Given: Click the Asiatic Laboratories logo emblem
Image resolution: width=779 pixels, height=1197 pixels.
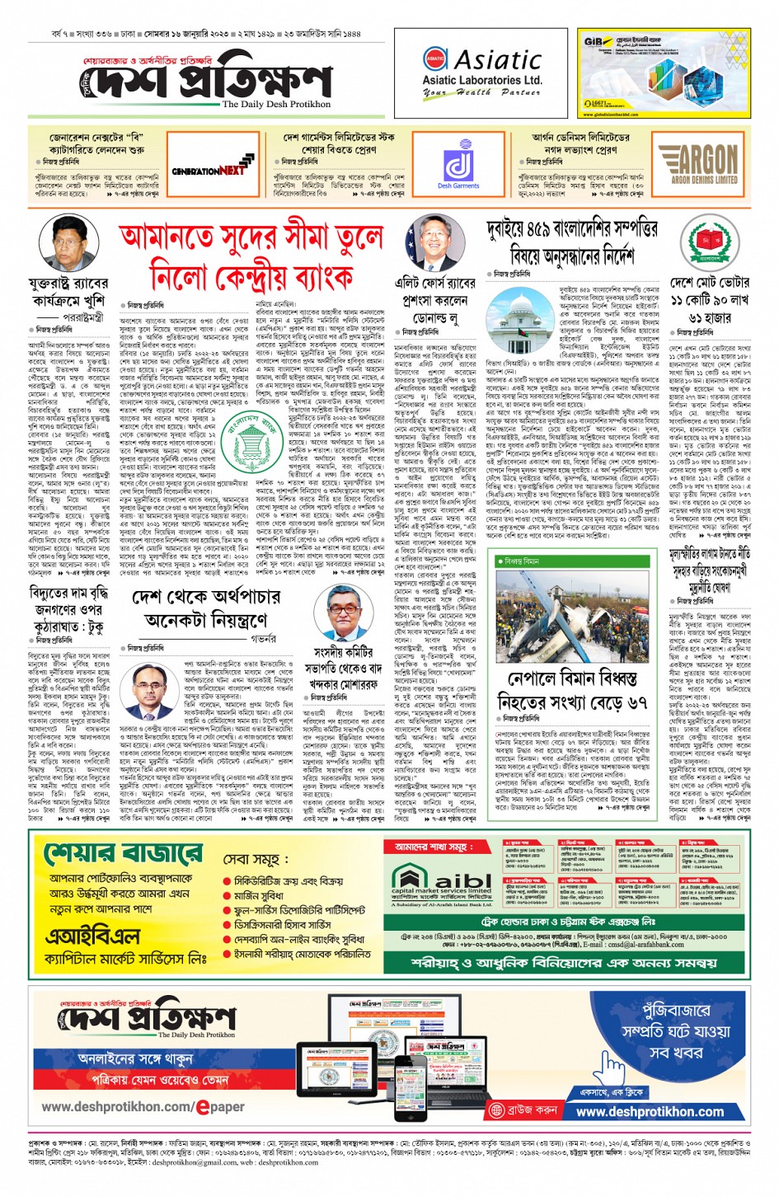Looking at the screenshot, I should coord(435,59).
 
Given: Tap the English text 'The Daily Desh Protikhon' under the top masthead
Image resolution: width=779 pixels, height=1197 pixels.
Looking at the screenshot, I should coord(276,105).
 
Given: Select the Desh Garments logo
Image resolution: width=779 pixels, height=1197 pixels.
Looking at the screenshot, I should coord(458,167).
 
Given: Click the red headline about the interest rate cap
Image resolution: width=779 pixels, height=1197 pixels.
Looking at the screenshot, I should coord(251,256).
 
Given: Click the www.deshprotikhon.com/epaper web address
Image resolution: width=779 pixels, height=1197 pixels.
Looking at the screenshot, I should coord(143,1106).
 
